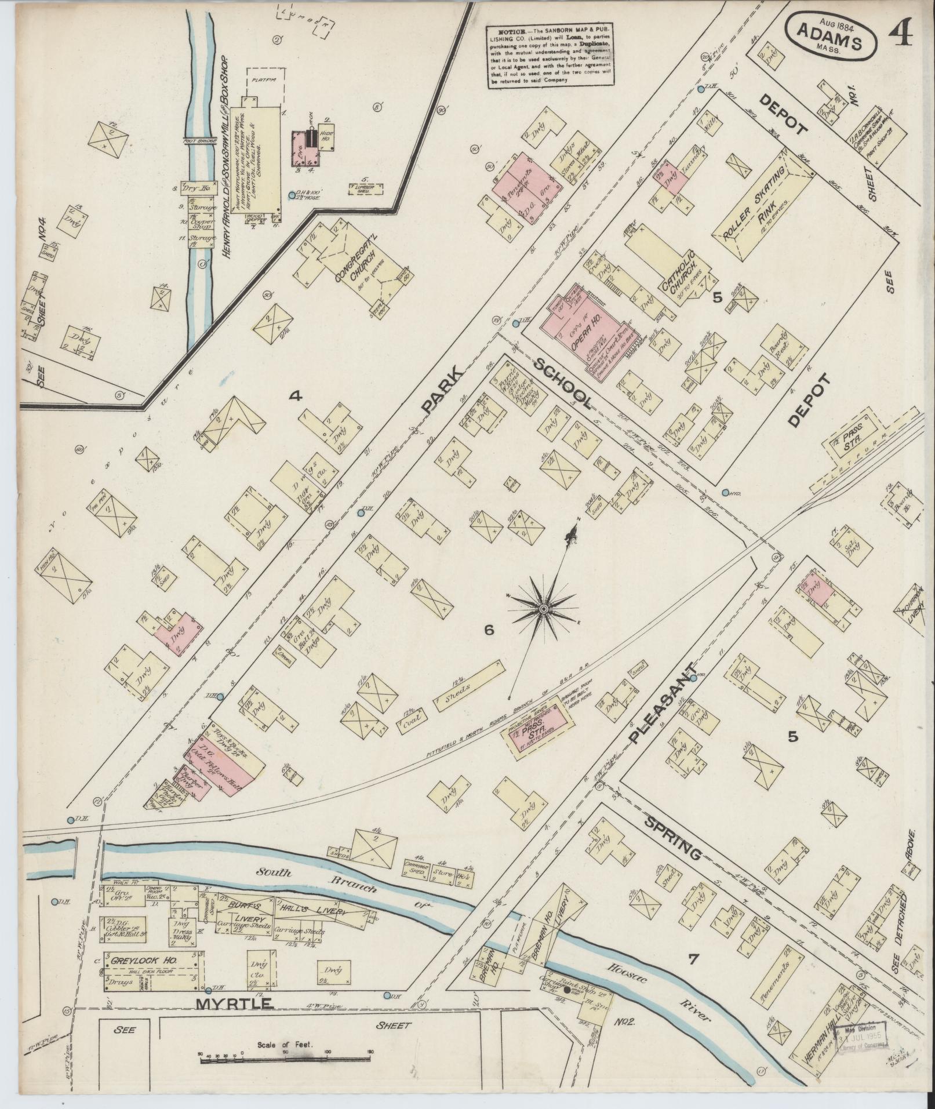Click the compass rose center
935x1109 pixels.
point(544,609)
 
